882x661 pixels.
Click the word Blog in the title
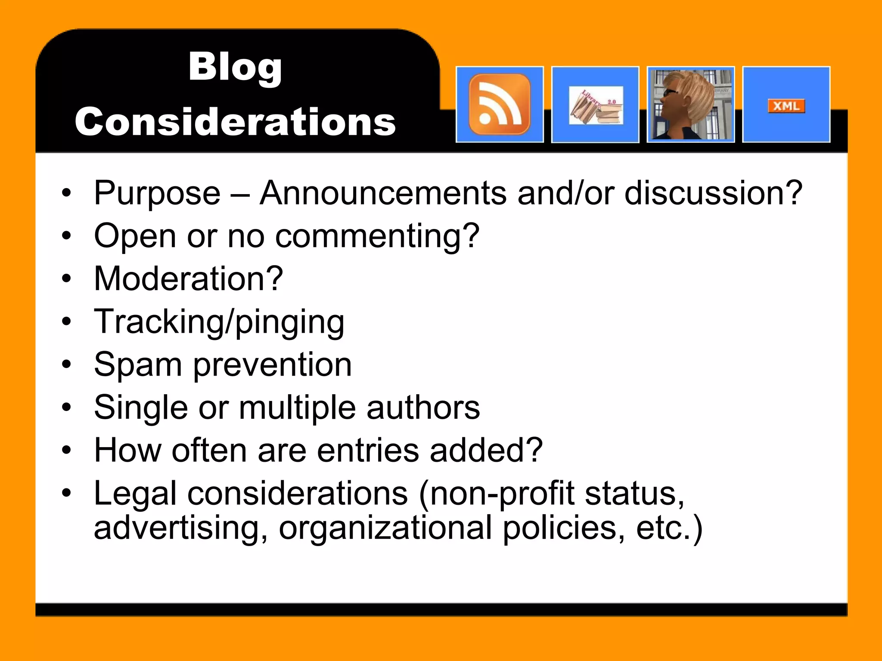click(x=235, y=67)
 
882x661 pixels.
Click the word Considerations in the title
click(x=235, y=122)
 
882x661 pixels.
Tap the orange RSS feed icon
click(x=500, y=104)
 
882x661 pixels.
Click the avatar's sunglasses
click(x=670, y=92)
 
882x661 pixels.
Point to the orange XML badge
click(x=786, y=106)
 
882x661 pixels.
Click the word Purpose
click(x=157, y=193)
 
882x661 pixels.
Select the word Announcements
click(x=383, y=193)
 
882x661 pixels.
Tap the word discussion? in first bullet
click(x=713, y=193)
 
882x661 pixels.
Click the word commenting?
click(x=377, y=236)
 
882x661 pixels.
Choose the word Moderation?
click(x=189, y=279)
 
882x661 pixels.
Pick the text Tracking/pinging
click(x=219, y=322)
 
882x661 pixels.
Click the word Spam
click(x=138, y=365)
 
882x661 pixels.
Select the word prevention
click(x=272, y=365)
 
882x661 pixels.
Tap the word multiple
click(x=297, y=408)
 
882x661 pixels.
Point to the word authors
click(x=423, y=408)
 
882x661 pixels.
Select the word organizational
click(x=385, y=528)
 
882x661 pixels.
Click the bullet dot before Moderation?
click(x=66, y=278)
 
